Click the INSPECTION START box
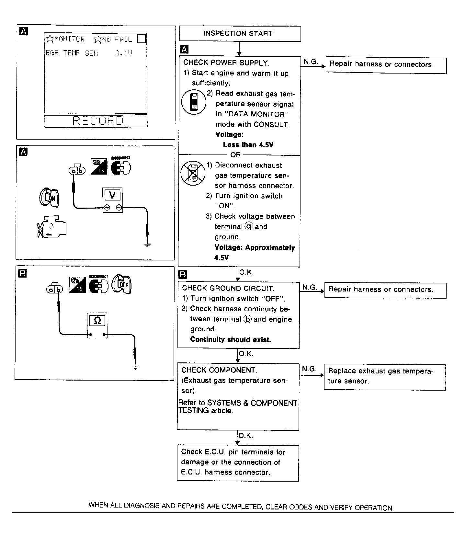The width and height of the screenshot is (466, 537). [240, 34]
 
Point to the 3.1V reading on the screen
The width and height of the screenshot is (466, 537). [124, 53]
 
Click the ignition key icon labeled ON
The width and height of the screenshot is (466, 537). [49, 197]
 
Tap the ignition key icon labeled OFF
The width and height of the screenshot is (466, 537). [121, 285]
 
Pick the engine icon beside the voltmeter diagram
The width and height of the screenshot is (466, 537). [52, 228]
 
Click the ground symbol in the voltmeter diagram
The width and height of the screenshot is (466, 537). [147, 245]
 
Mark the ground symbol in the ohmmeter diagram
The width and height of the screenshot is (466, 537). [136, 368]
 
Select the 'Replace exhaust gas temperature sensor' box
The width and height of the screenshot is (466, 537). [384, 377]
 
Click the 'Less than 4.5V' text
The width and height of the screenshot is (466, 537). [248, 145]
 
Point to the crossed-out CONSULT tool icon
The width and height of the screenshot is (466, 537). [193, 174]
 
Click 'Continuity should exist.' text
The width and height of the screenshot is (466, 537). [230, 339]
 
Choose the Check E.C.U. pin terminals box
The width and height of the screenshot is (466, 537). [238, 463]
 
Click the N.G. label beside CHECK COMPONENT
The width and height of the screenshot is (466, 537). [309, 369]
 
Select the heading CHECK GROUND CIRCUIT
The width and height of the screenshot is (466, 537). [228, 288]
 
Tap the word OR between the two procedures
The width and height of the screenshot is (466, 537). [235, 155]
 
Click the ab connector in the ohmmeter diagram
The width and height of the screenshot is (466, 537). [55, 289]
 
